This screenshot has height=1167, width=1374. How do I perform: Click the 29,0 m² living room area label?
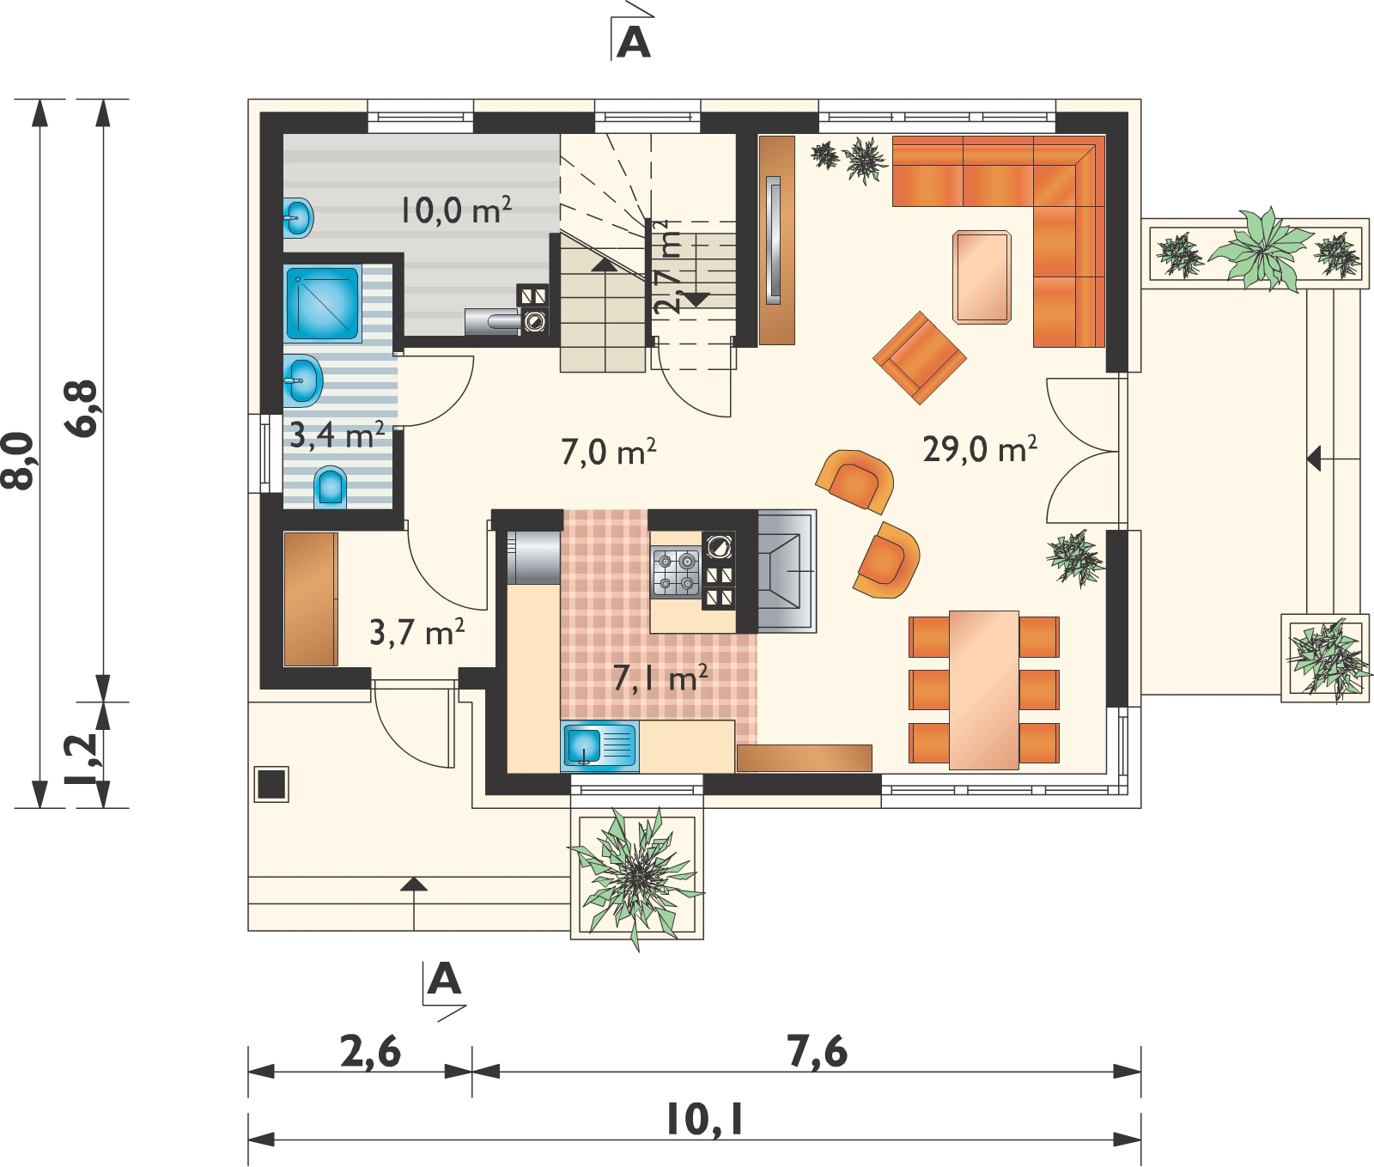point(980,449)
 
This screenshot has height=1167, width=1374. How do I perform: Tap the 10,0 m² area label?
point(456,210)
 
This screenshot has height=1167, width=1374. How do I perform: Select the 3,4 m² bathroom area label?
point(337,435)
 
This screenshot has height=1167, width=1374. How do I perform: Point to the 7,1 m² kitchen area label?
point(660,678)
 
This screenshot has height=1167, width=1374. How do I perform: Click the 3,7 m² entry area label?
point(417,632)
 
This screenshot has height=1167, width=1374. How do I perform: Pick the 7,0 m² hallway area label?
point(609,452)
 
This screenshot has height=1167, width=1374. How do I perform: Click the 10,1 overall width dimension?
point(704,1120)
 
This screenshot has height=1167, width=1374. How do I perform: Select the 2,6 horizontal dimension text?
point(370,1052)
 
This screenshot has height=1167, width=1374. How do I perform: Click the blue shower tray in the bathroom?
point(323,304)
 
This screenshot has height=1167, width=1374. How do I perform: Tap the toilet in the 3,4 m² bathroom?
point(331,487)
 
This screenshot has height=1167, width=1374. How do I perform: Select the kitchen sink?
point(600,745)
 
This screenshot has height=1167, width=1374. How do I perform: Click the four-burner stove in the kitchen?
point(676,573)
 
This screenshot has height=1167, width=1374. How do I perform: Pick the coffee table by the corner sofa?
point(982,277)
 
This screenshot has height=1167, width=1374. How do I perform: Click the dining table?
point(984,690)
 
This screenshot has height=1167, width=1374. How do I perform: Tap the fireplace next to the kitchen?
point(787,571)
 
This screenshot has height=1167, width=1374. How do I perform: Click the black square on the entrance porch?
point(271,784)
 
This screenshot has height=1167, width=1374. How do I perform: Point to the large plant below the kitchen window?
point(636,876)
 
